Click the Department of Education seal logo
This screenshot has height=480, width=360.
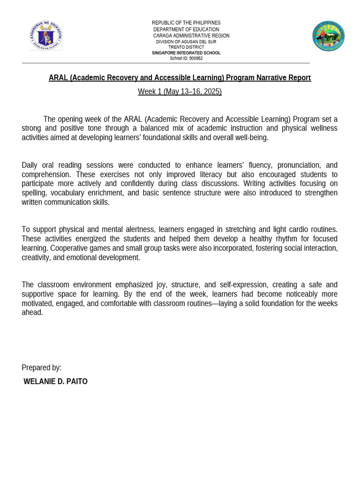point(45,36)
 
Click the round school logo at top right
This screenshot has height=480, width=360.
point(329,36)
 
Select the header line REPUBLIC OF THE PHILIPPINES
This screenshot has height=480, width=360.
point(186,23)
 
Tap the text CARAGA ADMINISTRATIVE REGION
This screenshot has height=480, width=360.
point(191,36)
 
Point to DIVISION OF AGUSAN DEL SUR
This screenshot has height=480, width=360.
point(186,42)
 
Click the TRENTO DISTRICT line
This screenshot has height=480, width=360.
point(186,47)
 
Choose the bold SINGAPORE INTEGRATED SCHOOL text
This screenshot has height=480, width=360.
point(186,53)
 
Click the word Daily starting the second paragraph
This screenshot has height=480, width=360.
point(30,165)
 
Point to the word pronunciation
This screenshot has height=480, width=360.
point(299,165)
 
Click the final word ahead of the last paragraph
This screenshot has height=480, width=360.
point(32,313)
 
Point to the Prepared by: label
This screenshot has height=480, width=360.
point(41,368)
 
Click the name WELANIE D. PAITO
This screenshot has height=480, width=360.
point(55,382)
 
